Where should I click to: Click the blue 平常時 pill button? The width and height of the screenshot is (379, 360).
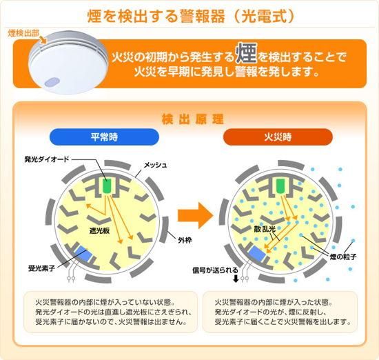coord(104,137)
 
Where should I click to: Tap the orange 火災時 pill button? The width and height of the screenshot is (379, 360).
coord(278,137)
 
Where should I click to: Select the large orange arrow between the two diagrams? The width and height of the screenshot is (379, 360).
coord(196,215)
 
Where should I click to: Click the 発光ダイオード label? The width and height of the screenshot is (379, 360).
coord(47,159)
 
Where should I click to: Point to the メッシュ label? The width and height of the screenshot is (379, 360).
coord(155,166)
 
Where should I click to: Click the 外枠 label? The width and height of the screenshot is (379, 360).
coord(185,240)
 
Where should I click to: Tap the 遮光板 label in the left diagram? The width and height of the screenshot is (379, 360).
coord(99,230)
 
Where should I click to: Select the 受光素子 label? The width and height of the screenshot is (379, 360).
coord(41,268)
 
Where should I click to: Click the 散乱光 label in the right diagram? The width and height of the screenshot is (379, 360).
coord(265,229)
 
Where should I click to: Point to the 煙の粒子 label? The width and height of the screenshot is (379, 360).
coord(343,257)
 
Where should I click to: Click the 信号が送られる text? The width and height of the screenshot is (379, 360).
coord(215,270)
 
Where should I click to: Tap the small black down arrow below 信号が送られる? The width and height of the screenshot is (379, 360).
coord(236,279)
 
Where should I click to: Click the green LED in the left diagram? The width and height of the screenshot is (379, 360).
coord(106,186)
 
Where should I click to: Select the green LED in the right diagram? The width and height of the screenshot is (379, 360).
coord(280,186)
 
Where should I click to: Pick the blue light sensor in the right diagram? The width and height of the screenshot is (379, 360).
coord(258,254)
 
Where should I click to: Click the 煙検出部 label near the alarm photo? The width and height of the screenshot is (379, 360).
coord(23,33)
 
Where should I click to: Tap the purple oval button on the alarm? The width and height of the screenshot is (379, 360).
coord(52,82)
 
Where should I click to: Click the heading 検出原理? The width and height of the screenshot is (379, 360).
coord(193,119)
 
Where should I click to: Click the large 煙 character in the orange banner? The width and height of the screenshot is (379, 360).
coord(246,53)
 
